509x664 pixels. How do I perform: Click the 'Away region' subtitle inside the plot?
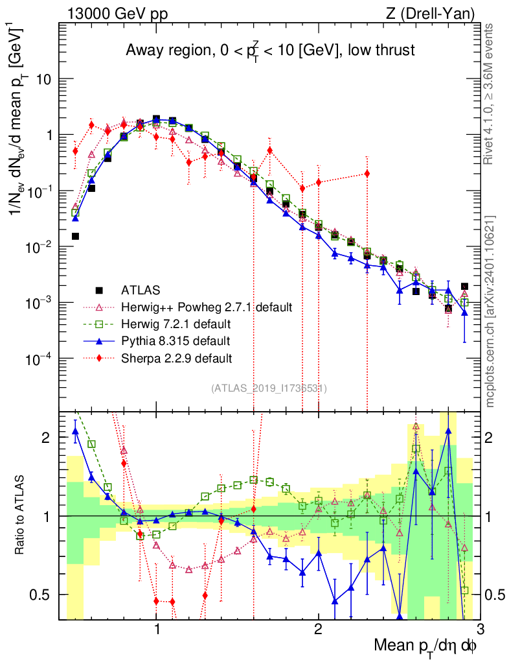(269, 51)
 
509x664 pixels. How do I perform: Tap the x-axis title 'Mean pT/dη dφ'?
(426, 646)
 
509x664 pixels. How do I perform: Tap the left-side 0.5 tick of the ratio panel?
(43, 595)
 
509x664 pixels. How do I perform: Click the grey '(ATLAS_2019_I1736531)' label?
(269, 388)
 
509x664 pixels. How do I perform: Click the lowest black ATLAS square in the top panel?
(448, 308)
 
